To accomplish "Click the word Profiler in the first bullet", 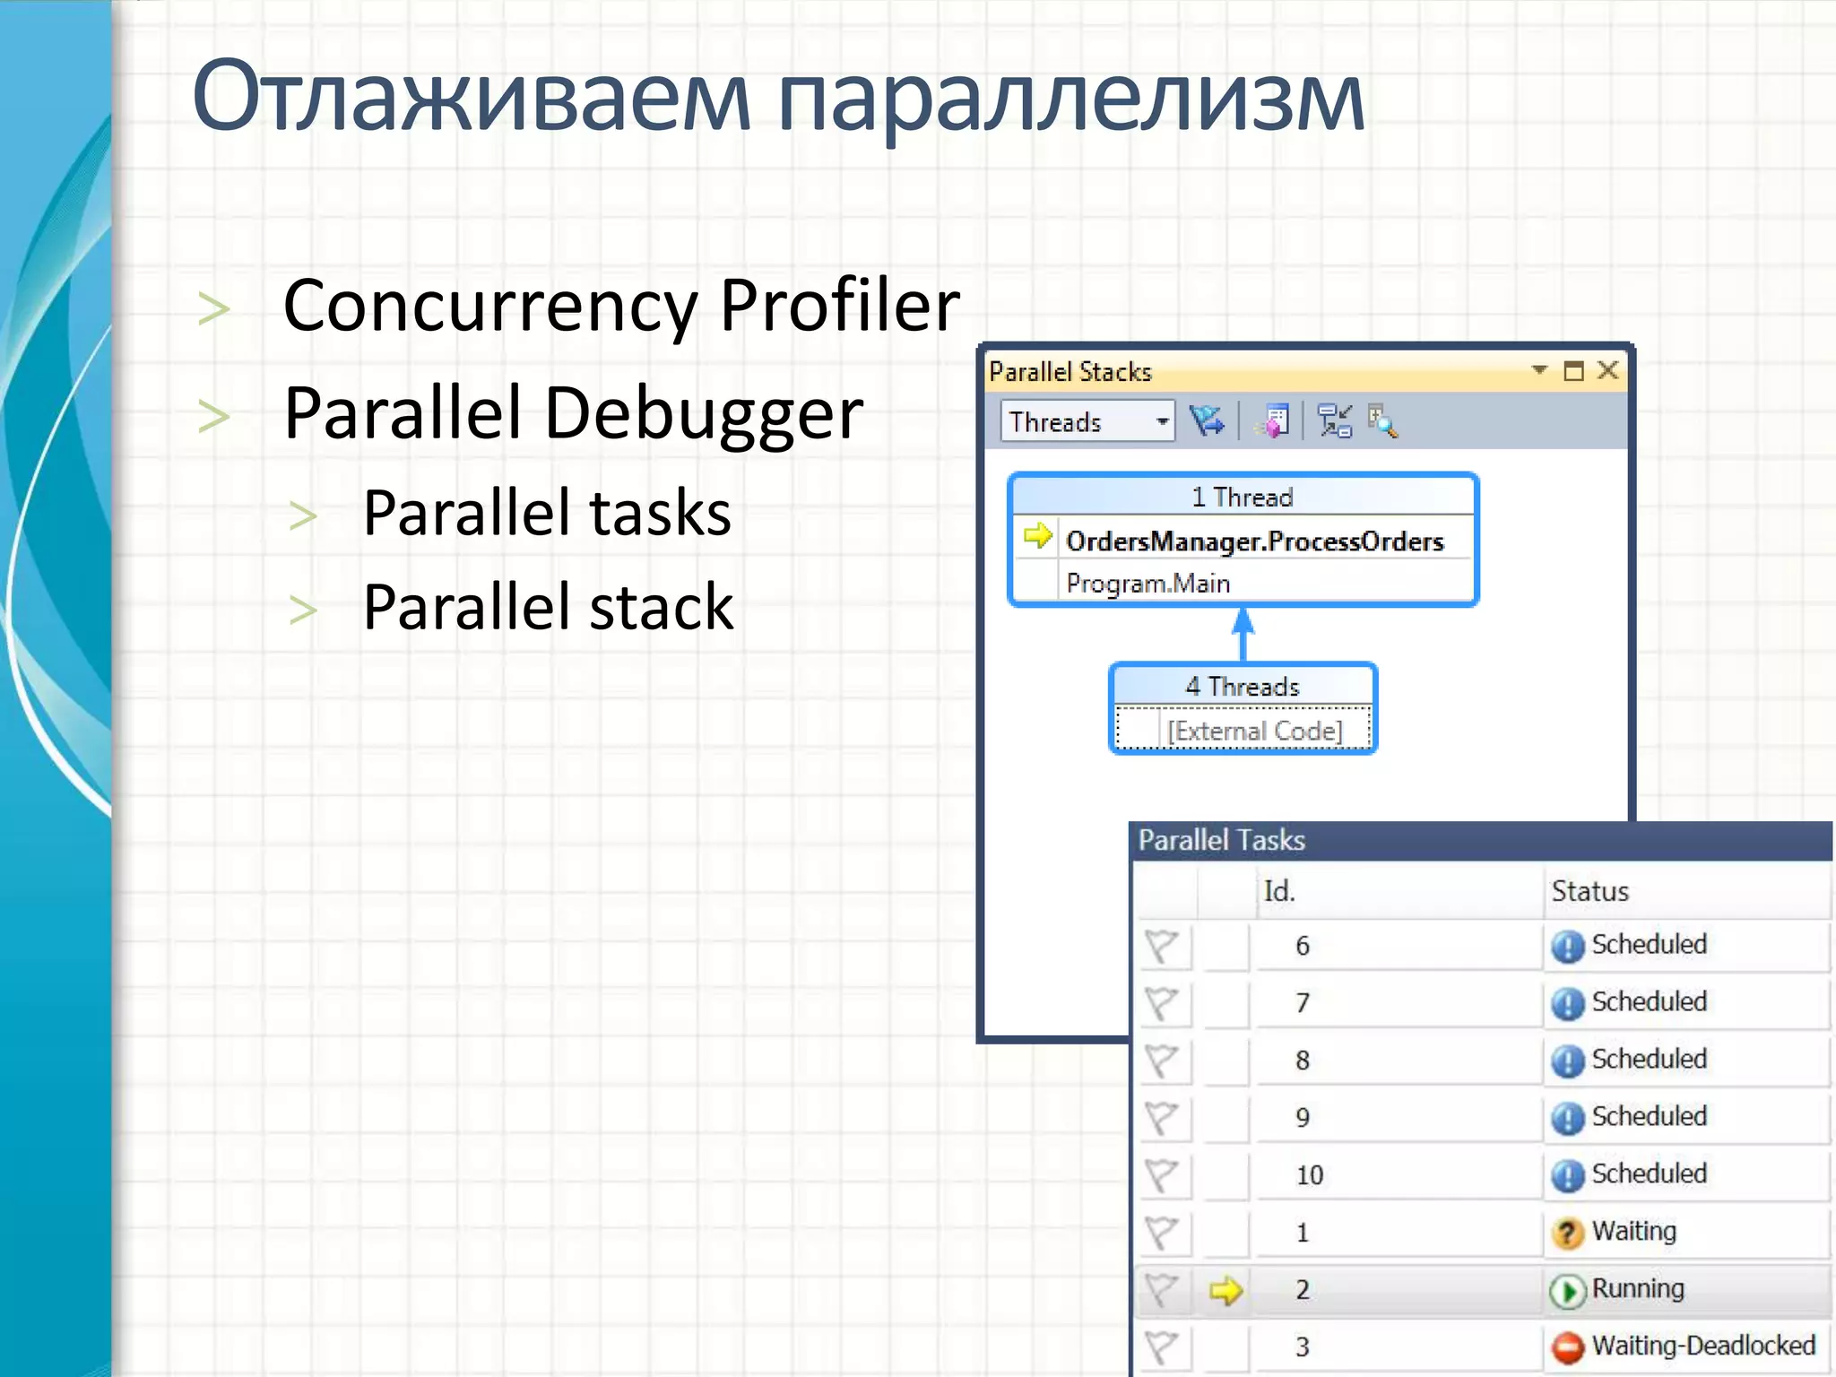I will tap(839, 307).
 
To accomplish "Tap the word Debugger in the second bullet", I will tap(704, 414).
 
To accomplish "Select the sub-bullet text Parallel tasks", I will tap(547, 514).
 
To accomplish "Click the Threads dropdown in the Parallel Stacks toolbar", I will tap(1087, 421).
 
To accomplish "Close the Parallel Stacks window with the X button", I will tap(1608, 370).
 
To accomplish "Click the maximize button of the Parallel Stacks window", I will tap(1573, 370).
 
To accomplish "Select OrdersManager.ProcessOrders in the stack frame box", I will tap(1254, 541).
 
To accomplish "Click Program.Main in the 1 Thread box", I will tap(1147, 584).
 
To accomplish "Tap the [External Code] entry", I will tap(1254, 732).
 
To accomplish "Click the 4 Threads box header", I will tap(1242, 687).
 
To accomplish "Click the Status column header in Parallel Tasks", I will tap(1589, 891).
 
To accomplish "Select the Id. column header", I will tap(1278, 891).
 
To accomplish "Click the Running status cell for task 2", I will tap(1637, 1289).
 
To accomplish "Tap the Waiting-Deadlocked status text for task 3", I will tap(1702, 1346).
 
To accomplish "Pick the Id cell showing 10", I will tap(1309, 1175).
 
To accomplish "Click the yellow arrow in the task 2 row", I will tap(1225, 1291).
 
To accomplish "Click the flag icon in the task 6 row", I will tap(1162, 946).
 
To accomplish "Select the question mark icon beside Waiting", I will tap(1567, 1234).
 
